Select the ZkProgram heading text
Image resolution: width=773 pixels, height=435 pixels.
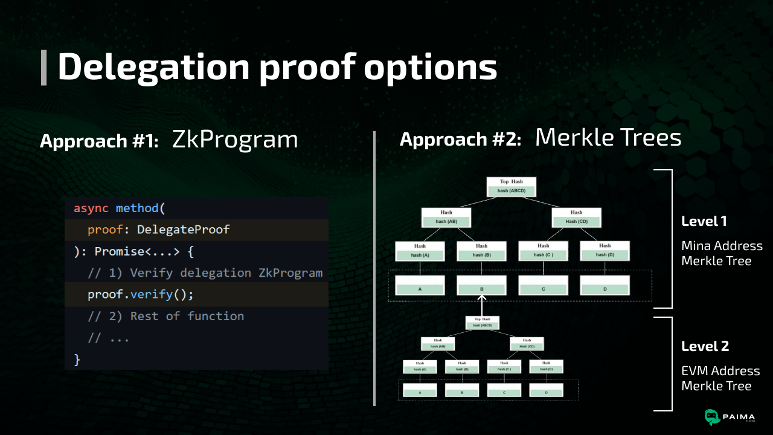click(x=235, y=140)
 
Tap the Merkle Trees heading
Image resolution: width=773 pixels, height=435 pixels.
click(x=608, y=138)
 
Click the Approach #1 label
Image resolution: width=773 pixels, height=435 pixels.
click(x=99, y=141)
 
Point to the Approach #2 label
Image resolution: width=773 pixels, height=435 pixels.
click(x=460, y=140)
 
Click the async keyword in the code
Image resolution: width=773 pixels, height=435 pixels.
click(x=91, y=208)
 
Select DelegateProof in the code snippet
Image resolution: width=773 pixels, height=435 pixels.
click(x=184, y=230)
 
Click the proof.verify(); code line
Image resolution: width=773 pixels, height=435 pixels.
click(x=140, y=295)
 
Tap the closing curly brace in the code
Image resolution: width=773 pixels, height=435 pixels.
click(x=77, y=359)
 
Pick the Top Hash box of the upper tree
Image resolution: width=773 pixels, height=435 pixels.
click(x=511, y=187)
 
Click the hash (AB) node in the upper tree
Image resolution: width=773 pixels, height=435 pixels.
click(x=446, y=217)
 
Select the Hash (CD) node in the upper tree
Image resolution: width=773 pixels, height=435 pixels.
click(x=576, y=217)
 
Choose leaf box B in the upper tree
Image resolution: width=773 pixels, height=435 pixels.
click(x=481, y=286)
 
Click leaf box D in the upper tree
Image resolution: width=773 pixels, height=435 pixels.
click(x=605, y=286)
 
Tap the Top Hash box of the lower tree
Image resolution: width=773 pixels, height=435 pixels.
click(x=482, y=322)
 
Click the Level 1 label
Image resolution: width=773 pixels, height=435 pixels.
click(x=704, y=221)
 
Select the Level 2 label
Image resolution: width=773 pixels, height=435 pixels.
click(x=705, y=346)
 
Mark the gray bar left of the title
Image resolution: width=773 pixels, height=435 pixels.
click(x=43, y=68)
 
